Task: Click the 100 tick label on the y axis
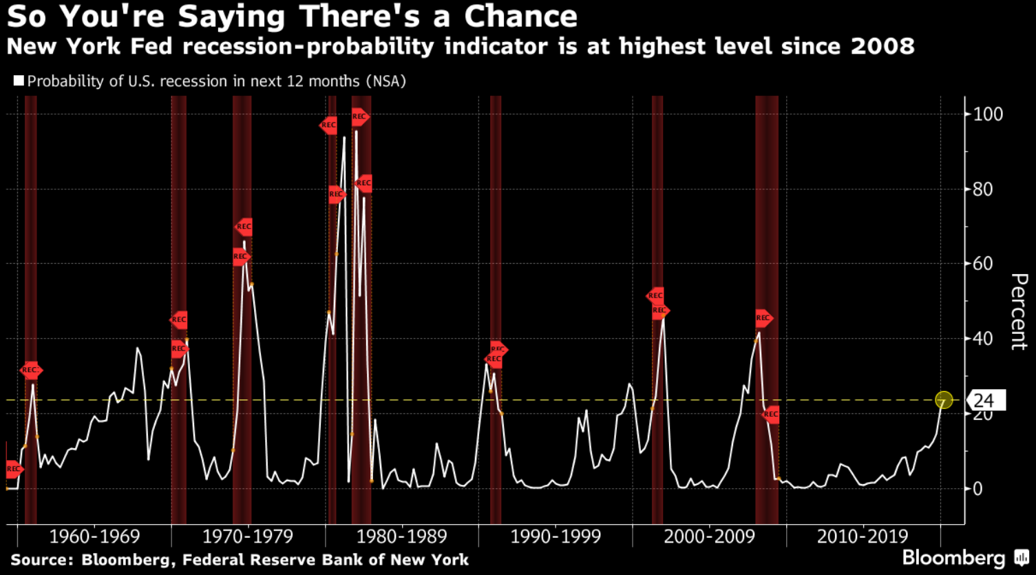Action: (x=988, y=114)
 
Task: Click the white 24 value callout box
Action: (x=986, y=400)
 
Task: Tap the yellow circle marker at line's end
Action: (x=944, y=400)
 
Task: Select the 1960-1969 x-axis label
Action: (x=94, y=536)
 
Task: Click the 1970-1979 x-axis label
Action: (x=247, y=536)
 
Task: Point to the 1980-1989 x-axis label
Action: (x=401, y=536)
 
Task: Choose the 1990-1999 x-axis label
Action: (x=555, y=536)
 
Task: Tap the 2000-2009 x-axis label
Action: (x=709, y=536)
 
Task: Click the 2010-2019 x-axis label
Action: (x=863, y=536)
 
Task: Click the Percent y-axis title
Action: (x=1018, y=311)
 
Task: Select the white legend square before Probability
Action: (x=19, y=81)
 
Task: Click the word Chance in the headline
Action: (x=520, y=17)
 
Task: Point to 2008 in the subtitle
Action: (x=882, y=47)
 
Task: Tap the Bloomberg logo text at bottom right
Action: (x=953, y=557)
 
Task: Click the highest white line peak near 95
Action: (x=356, y=131)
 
